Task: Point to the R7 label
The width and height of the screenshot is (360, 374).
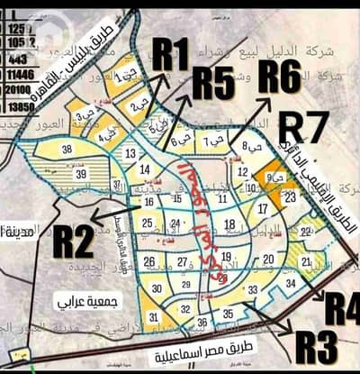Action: tap(304, 127)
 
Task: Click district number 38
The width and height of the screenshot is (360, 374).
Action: tap(67, 150)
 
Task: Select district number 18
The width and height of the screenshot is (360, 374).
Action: tap(230, 224)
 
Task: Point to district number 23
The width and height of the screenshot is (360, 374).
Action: tap(290, 196)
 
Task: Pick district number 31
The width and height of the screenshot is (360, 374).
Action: tap(154, 316)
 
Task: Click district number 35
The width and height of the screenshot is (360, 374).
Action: tap(229, 315)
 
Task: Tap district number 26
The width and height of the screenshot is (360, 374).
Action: tap(150, 262)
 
